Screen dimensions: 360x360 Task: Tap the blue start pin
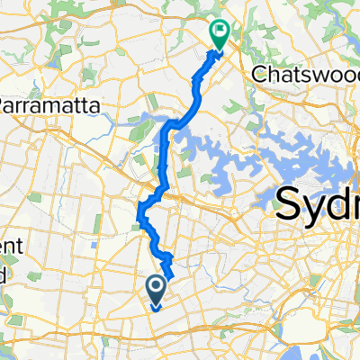(155, 290)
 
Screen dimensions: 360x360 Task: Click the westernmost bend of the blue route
(139, 212)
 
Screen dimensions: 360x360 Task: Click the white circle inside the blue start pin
(155, 286)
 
